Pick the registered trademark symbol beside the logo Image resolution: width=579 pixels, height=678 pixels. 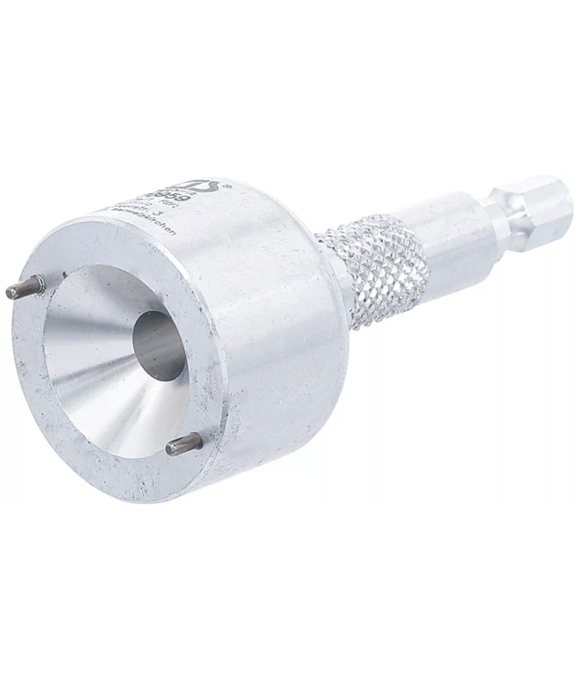(227, 185)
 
